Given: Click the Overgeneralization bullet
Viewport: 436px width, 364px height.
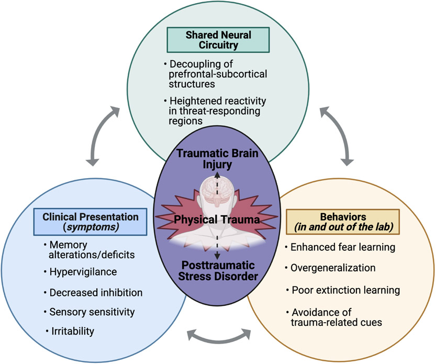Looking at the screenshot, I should (333, 268).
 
